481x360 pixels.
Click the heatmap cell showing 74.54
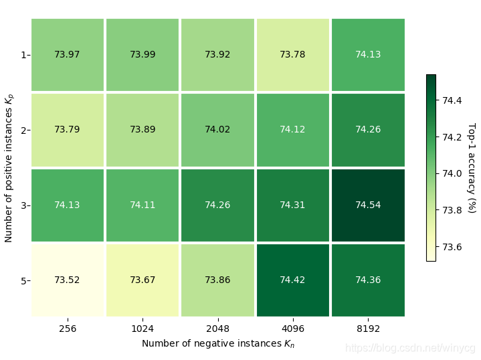pos(368,205)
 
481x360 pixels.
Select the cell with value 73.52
pos(67,280)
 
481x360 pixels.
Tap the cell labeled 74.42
pos(292,280)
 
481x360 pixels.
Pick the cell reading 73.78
pos(292,54)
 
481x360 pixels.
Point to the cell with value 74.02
pos(217,129)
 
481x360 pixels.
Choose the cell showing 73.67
pos(142,280)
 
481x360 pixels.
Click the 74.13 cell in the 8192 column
pos(368,54)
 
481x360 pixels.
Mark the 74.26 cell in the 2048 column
pos(217,205)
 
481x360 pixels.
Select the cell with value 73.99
pos(142,54)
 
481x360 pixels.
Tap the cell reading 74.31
pos(292,205)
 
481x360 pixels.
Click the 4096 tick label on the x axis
pos(292,329)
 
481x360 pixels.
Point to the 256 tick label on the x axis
pos(67,329)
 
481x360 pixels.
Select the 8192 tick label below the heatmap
pos(368,329)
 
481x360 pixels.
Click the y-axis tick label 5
pos(24,280)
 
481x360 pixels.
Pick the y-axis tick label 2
pos(24,130)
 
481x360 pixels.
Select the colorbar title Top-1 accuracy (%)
pos(471,167)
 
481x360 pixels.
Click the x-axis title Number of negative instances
pos(217,343)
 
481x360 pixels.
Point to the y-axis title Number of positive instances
pos(9,167)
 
